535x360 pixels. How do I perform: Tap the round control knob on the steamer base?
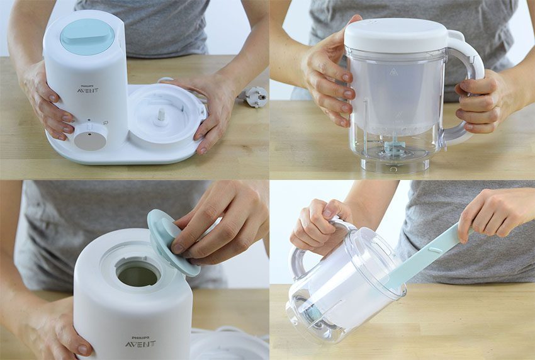tap(91, 137)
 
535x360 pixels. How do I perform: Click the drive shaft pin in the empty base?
tap(160, 115)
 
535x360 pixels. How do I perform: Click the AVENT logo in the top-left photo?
tap(87, 91)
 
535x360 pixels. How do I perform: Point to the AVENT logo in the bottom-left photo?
tap(140, 344)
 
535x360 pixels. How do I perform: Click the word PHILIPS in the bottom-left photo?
tap(140, 337)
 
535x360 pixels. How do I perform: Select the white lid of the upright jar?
tap(396, 35)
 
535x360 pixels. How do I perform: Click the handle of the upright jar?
tap(466, 86)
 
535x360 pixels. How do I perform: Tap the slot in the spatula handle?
tap(435, 250)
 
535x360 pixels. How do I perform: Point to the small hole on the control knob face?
tap(89, 135)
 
